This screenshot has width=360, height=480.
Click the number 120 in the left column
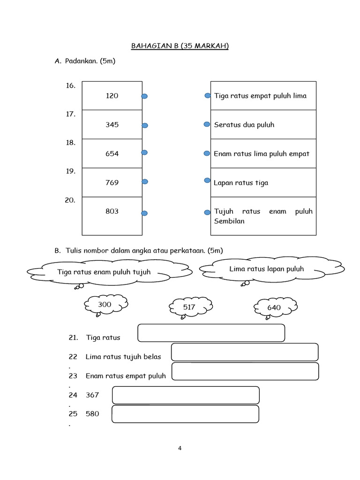point(112,96)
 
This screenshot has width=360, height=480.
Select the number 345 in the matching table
point(112,125)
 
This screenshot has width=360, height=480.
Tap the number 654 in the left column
point(112,154)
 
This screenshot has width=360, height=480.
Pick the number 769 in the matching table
point(112,183)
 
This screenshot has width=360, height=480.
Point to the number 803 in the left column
point(112,211)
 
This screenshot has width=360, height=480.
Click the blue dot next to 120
point(144,96)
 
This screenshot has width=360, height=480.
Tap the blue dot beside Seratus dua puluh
point(207,124)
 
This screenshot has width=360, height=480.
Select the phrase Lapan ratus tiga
point(241,183)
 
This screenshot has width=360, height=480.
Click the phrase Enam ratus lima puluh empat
point(262,154)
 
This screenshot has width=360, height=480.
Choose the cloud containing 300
point(105,305)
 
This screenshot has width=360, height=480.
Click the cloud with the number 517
point(190,307)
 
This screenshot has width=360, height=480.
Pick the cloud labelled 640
point(275,307)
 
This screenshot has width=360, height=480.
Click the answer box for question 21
point(211,333)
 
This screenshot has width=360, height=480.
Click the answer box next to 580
point(186,414)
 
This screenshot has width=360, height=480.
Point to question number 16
point(70,86)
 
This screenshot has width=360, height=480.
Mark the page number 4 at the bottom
point(180,448)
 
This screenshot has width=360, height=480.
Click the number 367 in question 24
point(92,395)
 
